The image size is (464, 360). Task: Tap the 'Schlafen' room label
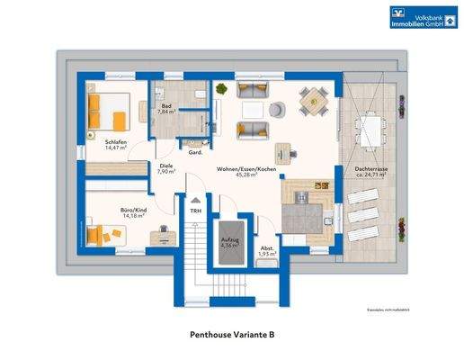tap(114, 142)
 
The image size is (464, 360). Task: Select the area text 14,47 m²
tap(114, 149)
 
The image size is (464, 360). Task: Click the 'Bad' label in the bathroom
tap(166, 106)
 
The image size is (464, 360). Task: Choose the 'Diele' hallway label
tap(165, 165)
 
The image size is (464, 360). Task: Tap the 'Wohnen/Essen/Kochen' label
tap(245, 168)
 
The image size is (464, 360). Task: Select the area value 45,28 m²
tap(245, 175)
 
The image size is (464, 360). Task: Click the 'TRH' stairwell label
tap(193, 211)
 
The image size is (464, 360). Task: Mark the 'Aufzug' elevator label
tap(229, 239)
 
